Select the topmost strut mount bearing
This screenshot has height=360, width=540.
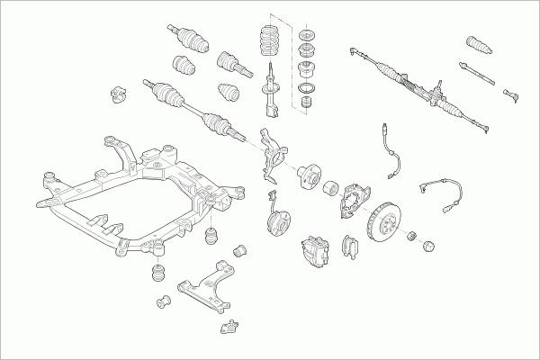(x=304, y=36)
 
